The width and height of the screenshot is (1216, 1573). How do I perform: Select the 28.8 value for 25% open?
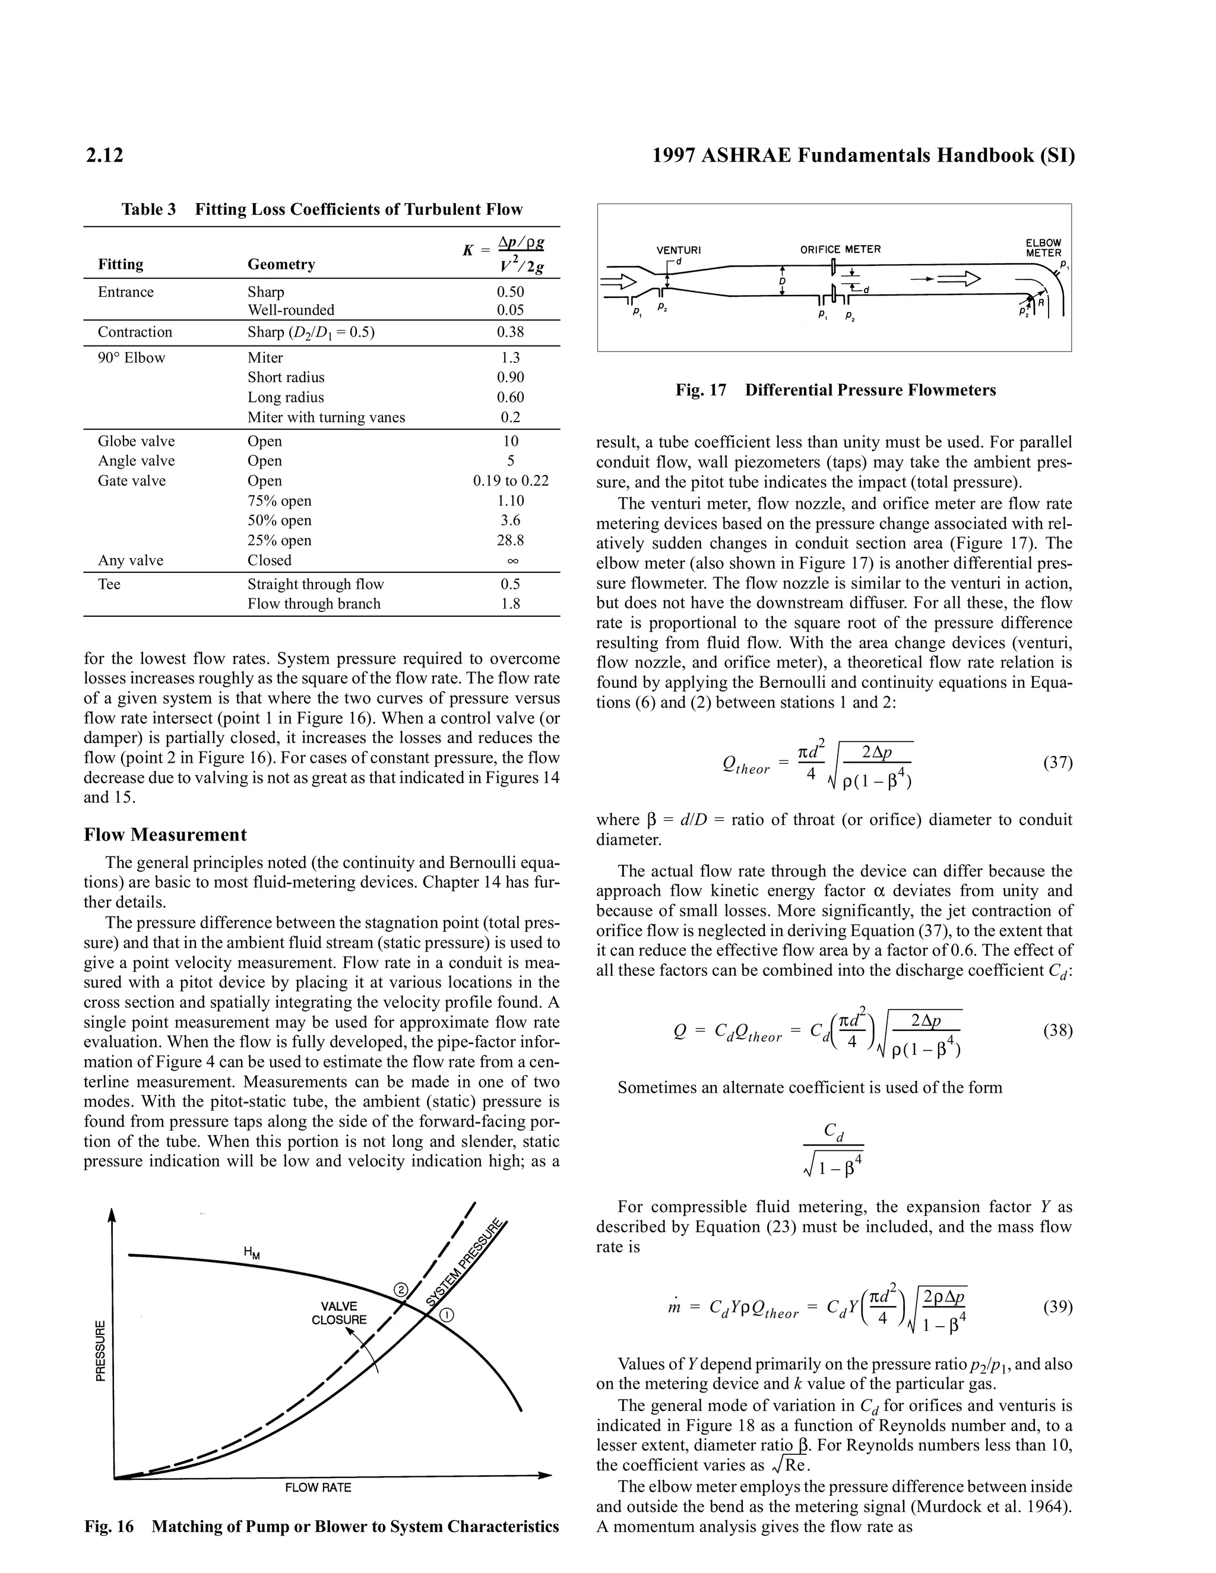click(x=510, y=540)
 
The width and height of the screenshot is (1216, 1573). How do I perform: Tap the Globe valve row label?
click(x=136, y=441)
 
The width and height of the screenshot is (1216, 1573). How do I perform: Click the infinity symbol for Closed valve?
click(x=510, y=560)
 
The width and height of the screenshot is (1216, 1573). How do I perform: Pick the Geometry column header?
click(x=281, y=264)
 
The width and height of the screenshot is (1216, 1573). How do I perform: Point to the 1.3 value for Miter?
click(x=510, y=357)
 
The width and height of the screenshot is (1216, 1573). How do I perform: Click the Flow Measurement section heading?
click(x=165, y=835)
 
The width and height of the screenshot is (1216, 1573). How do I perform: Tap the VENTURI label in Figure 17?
click(x=678, y=250)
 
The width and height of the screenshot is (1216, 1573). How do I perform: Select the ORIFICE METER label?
click(x=840, y=249)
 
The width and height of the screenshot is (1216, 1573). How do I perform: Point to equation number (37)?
click(x=1057, y=762)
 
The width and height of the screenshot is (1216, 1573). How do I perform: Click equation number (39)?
click(x=1057, y=1307)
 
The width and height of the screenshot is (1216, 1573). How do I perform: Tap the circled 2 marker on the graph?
click(x=402, y=1290)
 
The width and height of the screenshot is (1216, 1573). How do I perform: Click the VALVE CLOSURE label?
click(x=338, y=1313)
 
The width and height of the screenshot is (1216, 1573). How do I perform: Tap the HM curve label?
click(x=252, y=1252)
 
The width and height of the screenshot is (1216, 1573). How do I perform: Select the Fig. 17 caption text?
click(x=835, y=391)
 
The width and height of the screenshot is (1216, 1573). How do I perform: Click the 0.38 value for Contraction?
click(x=510, y=332)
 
